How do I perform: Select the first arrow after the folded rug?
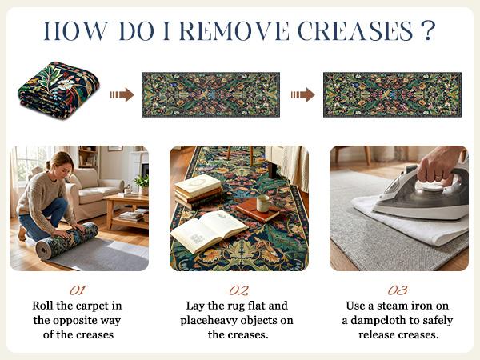pyautogui.click(x=122, y=94)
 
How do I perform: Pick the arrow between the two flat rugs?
pyautogui.click(x=302, y=94)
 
